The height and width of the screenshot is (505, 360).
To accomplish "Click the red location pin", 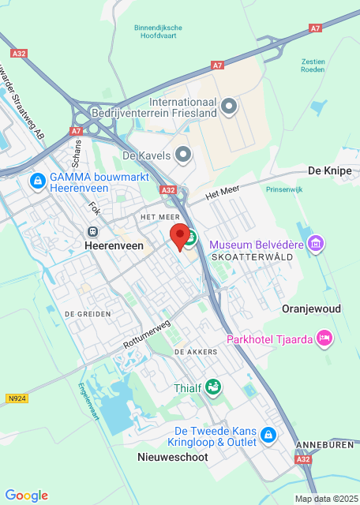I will point(181,236).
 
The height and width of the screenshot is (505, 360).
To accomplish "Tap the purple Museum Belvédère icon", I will point(317,244).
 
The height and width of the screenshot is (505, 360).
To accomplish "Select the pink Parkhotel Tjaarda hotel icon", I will point(324,339).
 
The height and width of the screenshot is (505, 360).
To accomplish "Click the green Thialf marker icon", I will point(212,387).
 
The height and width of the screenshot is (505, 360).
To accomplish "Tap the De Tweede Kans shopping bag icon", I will point(268,436).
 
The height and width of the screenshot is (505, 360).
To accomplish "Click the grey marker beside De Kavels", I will point(183,155).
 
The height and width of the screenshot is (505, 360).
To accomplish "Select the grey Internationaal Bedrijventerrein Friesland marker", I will point(229,106).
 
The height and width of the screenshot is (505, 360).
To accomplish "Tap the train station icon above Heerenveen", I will point(93,231).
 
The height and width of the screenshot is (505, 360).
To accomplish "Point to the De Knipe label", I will point(329,170).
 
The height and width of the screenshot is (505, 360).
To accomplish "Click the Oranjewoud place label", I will point(312,309).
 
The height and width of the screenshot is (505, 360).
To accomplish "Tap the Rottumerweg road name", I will point(147,335).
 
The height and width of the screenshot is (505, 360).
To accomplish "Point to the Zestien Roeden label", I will point(313,65).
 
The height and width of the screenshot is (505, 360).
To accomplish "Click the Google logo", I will point(27,495).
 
